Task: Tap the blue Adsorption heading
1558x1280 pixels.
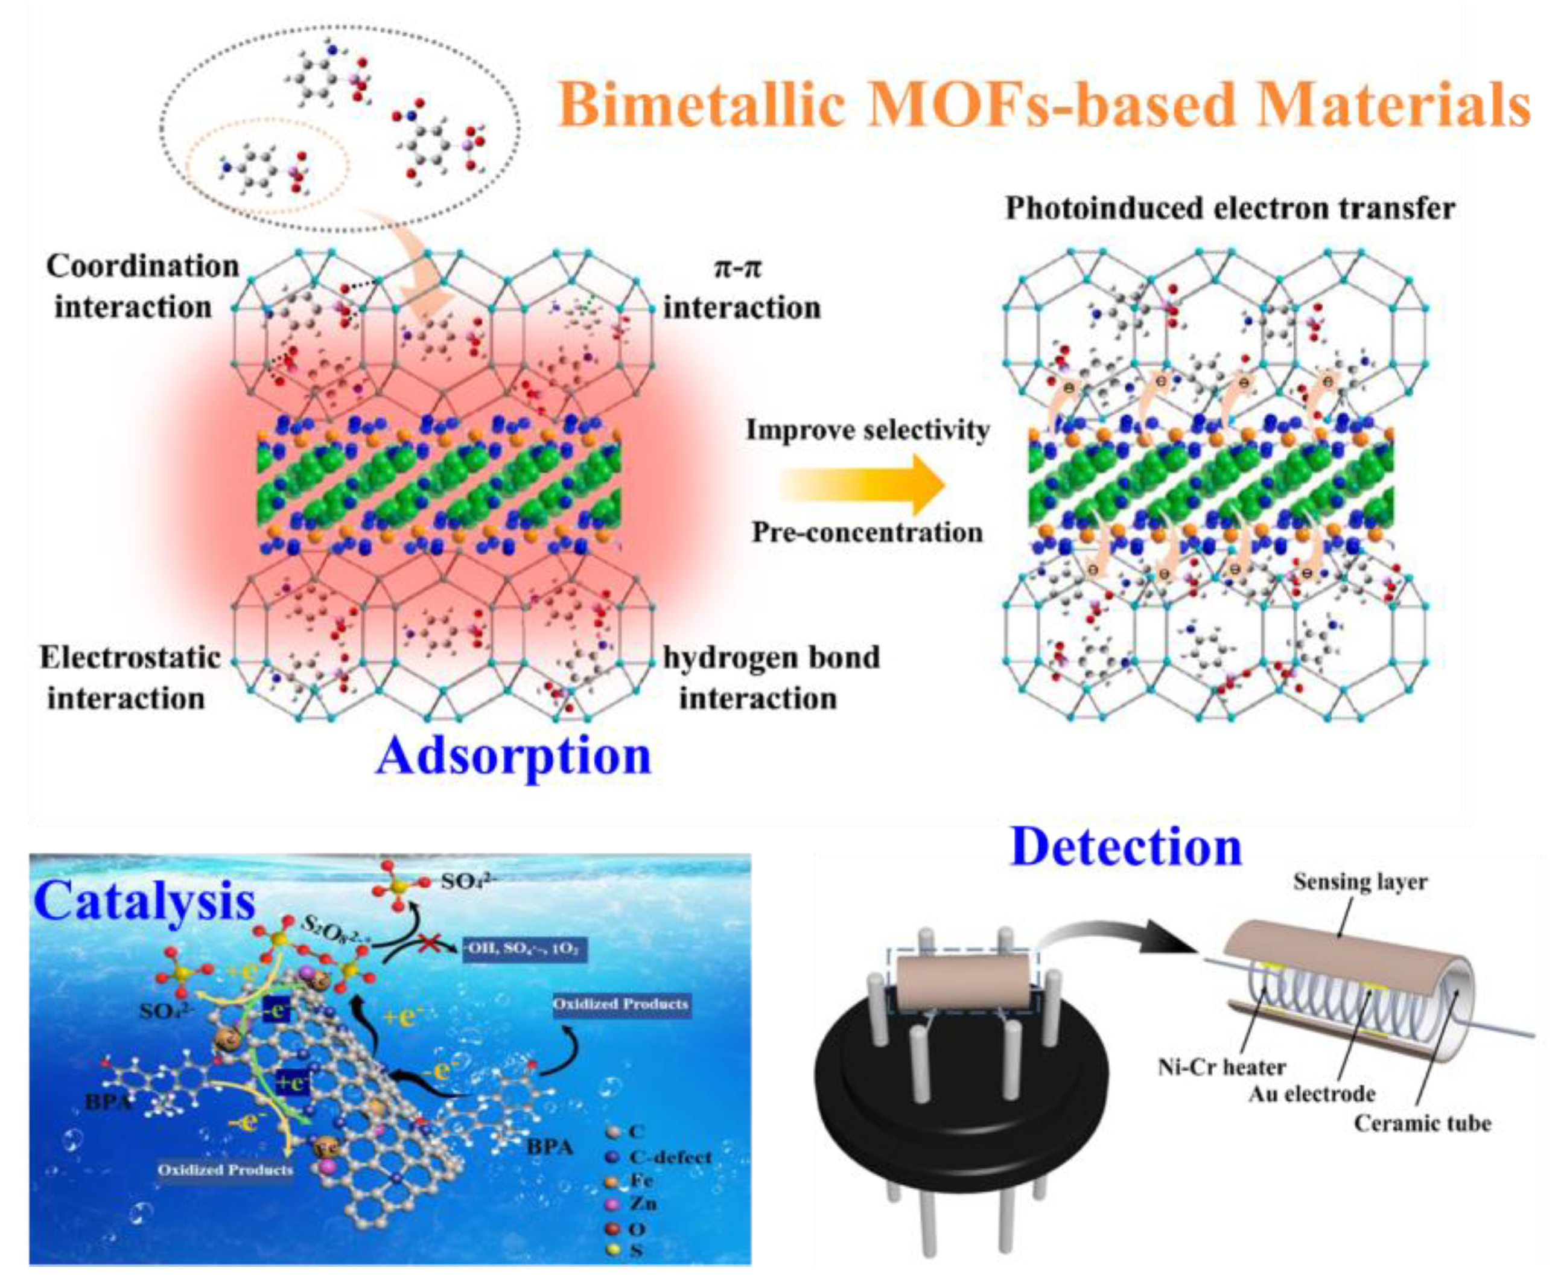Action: click(514, 756)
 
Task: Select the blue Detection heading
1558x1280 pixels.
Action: click(1126, 847)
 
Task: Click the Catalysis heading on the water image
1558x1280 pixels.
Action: click(144, 901)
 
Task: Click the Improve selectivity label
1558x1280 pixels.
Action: click(867, 430)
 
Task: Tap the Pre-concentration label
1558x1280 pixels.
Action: click(867, 532)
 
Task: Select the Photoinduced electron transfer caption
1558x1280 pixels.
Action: click(1230, 209)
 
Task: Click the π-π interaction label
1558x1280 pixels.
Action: click(741, 287)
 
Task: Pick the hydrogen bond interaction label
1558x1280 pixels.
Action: click(771, 677)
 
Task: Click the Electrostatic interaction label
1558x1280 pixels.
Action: click(130, 677)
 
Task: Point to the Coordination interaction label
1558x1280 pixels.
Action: click(142, 286)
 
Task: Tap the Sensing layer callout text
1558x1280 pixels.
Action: click(1359, 882)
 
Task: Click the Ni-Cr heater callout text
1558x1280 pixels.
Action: click(1221, 1067)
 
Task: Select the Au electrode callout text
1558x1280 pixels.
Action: click(1312, 1094)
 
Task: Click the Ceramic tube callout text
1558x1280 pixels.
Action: click(1422, 1123)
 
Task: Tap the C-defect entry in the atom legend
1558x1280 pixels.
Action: click(670, 1157)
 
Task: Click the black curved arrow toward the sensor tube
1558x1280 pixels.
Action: click(1128, 938)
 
